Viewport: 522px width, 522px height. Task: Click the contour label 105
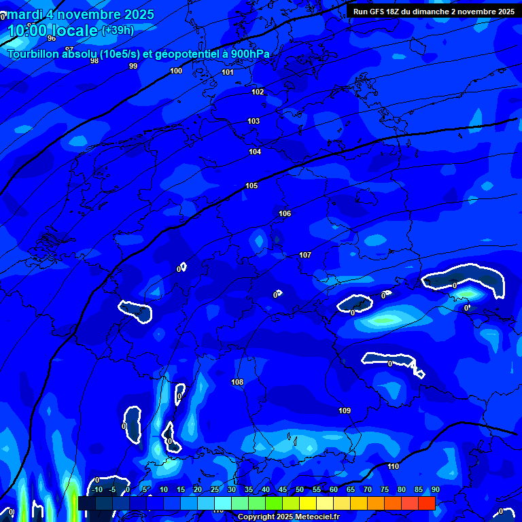251,186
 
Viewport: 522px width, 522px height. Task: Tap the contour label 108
237,382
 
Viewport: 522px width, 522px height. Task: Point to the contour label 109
345,411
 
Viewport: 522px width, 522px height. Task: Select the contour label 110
394,466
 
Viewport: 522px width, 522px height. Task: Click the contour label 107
305,255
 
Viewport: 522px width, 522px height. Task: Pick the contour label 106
285,213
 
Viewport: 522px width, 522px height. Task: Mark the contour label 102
258,92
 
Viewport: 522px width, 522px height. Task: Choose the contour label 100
176,71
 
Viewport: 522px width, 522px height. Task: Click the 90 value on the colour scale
435,489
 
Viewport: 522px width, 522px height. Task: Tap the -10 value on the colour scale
97,489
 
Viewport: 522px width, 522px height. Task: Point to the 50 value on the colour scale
300,489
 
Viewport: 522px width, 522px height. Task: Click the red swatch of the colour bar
426,503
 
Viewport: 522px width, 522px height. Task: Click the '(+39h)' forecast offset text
118,31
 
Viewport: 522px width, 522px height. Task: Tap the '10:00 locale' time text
52,31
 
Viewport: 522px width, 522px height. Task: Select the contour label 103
254,121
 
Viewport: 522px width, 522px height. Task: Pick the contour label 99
133,66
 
